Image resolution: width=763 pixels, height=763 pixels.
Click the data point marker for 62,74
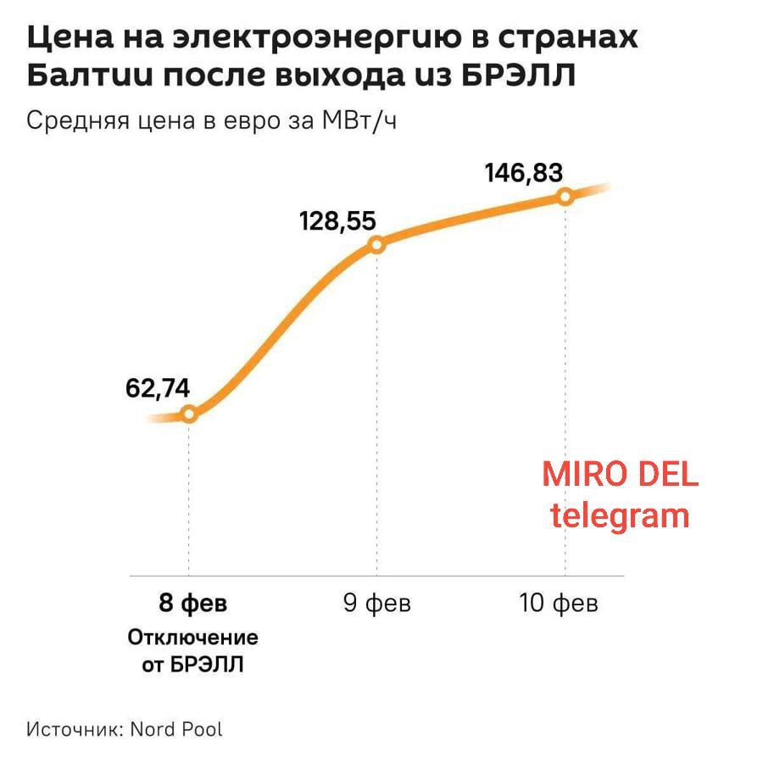click(x=189, y=415)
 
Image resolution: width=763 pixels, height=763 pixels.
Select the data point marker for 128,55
click(x=377, y=245)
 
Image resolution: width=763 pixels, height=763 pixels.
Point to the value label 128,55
click(x=337, y=221)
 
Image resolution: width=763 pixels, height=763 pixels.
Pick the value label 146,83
click(x=524, y=173)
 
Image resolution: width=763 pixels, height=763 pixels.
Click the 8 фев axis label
click(x=193, y=604)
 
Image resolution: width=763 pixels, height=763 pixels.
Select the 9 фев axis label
click(x=377, y=604)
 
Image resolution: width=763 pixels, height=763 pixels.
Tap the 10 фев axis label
click(x=559, y=604)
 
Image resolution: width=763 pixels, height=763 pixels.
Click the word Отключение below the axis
click(x=193, y=637)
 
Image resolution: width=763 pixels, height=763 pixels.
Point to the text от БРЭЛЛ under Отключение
click(x=193, y=664)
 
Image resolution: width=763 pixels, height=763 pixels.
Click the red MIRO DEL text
click(x=621, y=475)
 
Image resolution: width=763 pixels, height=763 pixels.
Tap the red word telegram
click(x=620, y=515)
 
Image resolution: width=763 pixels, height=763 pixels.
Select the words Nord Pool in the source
click(x=176, y=728)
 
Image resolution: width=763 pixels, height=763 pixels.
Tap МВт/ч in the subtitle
click(x=359, y=120)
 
